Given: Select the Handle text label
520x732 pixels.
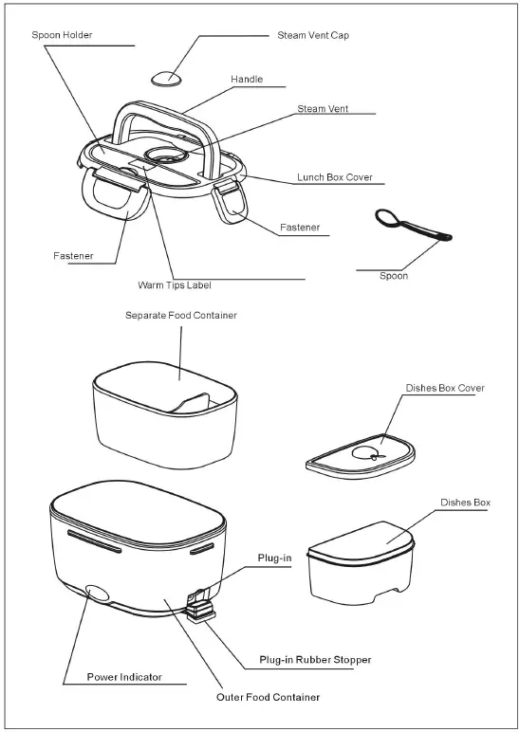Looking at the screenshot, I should click(247, 80).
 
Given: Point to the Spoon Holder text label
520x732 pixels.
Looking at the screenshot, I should click(62, 35).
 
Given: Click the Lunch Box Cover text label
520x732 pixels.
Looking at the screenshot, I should click(334, 177).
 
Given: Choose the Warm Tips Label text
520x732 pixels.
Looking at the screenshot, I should click(175, 284).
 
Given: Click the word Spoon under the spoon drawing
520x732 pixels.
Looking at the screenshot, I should click(393, 276).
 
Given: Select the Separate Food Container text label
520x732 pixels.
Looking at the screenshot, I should click(181, 315).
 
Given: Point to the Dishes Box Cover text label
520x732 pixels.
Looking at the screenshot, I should click(445, 388).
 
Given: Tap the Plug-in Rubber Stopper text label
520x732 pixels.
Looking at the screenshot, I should click(315, 659).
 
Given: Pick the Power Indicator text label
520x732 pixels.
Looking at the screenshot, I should click(124, 677).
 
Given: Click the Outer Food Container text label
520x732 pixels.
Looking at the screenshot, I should click(268, 697).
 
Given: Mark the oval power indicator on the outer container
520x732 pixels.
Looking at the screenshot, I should click(97, 594).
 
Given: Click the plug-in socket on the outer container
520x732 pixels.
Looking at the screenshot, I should click(197, 598).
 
